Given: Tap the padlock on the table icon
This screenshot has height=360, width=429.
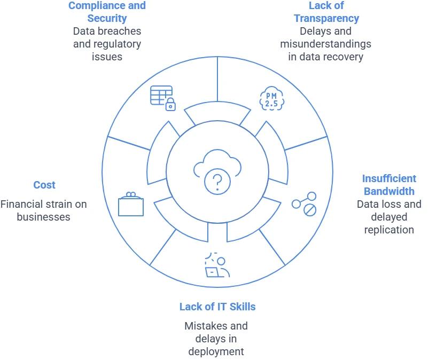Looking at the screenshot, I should [170, 105].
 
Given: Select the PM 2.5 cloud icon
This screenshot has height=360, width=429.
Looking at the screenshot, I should [271, 98].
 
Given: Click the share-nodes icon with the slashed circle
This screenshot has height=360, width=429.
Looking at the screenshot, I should [303, 205].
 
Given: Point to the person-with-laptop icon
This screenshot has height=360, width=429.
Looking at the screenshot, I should [217, 265].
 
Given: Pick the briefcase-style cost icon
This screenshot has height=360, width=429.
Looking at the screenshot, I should [130, 204].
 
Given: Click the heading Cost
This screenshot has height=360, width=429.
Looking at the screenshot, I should [44, 185].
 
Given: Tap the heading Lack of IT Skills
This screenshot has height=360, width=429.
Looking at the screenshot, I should [217, 307].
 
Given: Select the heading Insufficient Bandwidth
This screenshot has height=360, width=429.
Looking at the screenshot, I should [389, 185].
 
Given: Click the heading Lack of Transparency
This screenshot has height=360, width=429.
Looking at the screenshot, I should [326, 12].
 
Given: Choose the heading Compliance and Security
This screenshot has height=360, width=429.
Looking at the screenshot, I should [107, 12].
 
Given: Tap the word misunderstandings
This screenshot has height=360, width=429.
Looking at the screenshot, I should [326, 44].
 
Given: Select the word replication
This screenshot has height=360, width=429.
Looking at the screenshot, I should [389, 230].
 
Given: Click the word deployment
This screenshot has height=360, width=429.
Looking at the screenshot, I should [216, 351].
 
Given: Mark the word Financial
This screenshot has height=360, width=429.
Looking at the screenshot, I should [22, 204].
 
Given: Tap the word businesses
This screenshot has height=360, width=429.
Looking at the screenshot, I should [43, 217].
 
